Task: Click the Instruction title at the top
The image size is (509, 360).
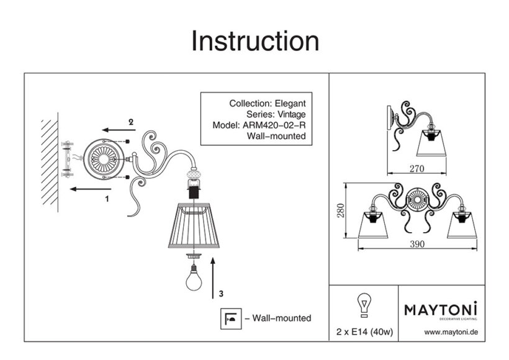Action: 255,41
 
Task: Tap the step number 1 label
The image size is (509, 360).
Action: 107,199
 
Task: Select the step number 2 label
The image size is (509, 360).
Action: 130,122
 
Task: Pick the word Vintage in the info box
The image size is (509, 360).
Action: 290,114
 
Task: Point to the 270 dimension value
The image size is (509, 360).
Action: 417,168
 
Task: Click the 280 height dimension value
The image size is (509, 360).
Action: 352,214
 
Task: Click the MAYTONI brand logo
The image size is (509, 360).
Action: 441,309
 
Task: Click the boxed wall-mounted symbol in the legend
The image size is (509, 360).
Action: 231,318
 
